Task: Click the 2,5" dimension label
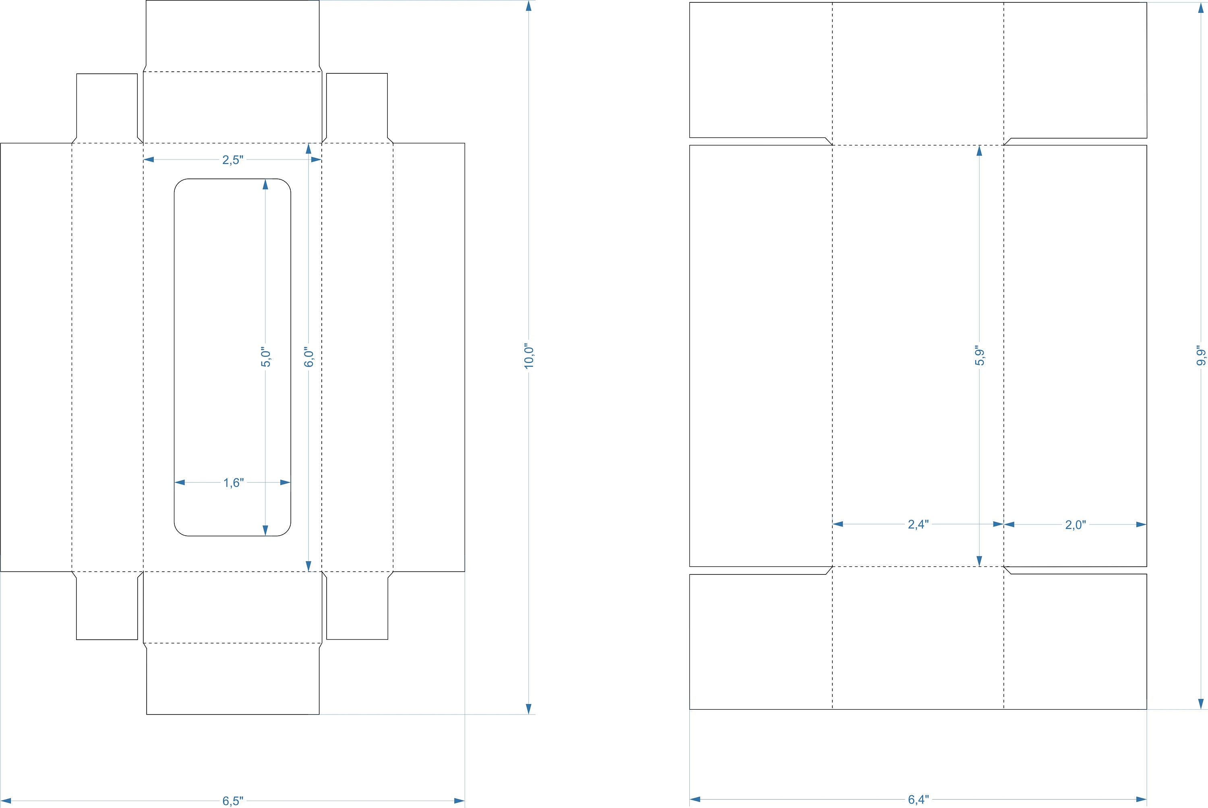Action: click(x=232, y=160)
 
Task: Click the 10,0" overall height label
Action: click(x=529, y=356)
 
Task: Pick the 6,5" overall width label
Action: click(x=233, y=801)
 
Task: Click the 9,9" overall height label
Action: click(x=1201, y=356)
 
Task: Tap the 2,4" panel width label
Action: click(x=918, y=524)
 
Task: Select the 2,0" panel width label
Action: click(x=1076, y=524)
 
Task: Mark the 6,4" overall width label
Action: click(x=918, y=800)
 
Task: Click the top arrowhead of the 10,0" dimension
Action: click(x=529, y=6)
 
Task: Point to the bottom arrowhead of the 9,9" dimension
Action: click(x=1201, y=704)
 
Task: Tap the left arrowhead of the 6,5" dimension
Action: click(x=6, y=801)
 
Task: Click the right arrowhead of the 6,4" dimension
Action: click(x=1141, y=800)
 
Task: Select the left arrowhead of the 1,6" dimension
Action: click(x=180, y=482)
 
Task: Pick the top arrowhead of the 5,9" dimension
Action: click(x=979, y=151)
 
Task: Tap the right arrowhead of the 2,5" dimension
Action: click(x=316, y=160)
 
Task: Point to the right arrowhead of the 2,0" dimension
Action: click(x=1141, y=524)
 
